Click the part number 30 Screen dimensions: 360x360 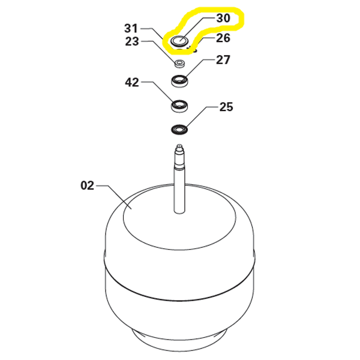[223, 19]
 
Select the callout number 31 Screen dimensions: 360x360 [131, 28]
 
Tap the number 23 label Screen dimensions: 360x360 [131, 41]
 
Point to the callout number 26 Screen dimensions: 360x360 [223, 38]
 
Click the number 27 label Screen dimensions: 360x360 [223, 60]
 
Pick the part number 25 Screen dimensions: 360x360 [226, 107]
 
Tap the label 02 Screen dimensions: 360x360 [88, 185]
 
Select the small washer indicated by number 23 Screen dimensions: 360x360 [179, 62]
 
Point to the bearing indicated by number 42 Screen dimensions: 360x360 [179, 106]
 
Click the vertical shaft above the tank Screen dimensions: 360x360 [179, 186]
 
